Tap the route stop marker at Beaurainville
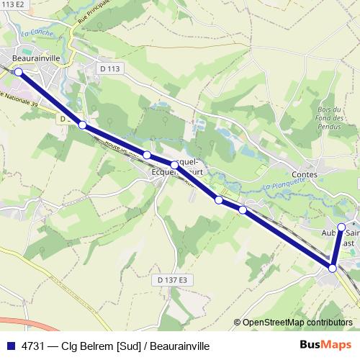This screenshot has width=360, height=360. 19,72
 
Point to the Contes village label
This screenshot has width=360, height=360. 306,174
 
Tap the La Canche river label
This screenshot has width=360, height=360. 35,32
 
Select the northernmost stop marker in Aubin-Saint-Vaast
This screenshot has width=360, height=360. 341,227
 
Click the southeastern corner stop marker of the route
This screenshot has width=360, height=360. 333,268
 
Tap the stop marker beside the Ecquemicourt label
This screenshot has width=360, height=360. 174,165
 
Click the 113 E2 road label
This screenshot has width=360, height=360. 13,4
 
